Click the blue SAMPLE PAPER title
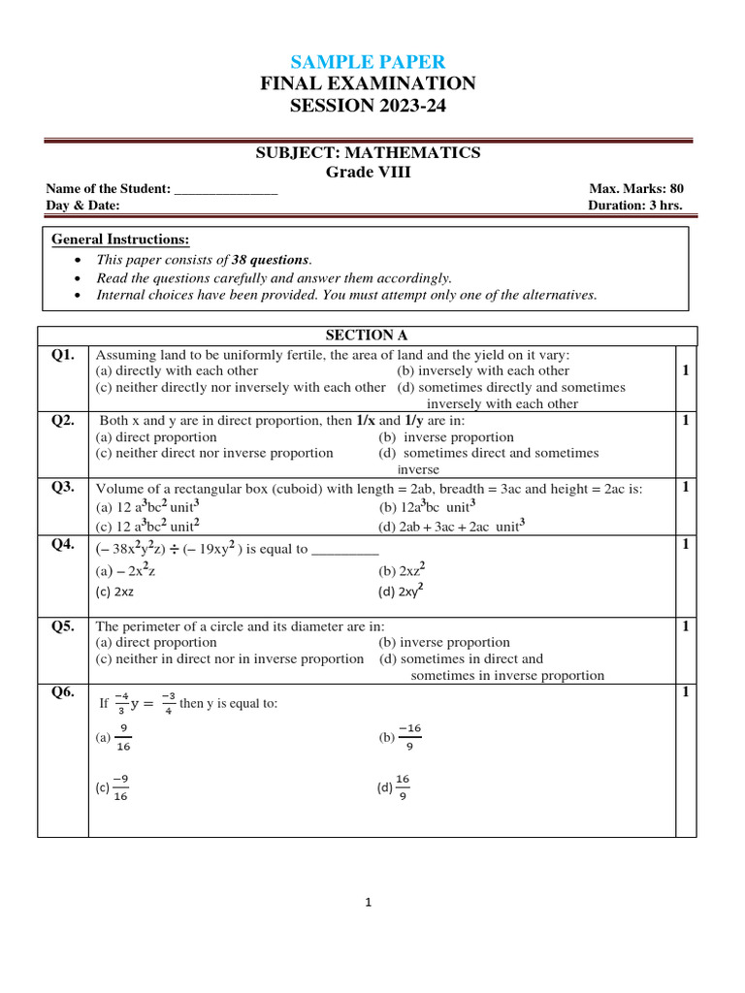[x=368, y=61]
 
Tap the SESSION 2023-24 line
[x=368, y=105]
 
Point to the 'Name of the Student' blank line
[x=226, y=190]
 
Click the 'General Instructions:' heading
[x=120, y=240]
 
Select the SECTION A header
[x=367, y=336]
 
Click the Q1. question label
[x=63, y=355]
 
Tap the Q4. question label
[x=63, y=545]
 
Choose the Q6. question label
[x=63, y=692]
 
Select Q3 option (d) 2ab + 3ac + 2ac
[x=452, y=527]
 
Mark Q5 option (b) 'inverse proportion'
[x=443, y=642]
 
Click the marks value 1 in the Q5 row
[x=686, y=626]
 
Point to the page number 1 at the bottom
[x=369, y=903]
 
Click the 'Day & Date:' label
[x=83, y=206]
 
